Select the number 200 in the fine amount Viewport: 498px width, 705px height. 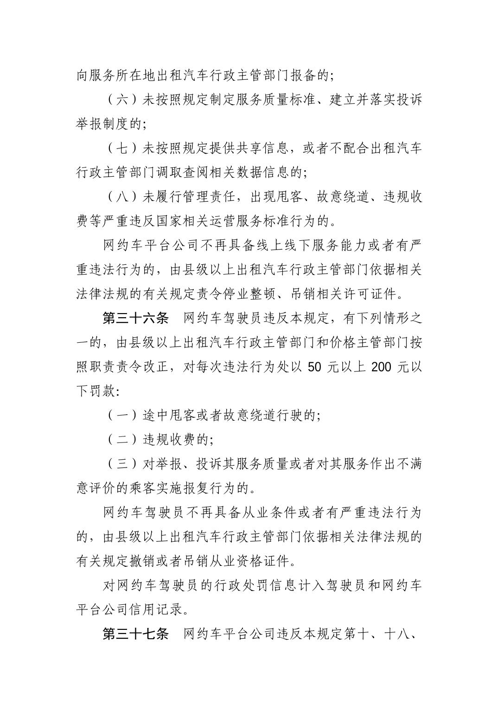(x=382, y=367)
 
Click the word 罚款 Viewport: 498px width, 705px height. (x=101, y=391)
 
